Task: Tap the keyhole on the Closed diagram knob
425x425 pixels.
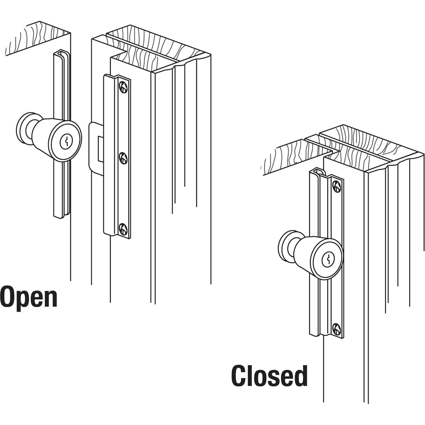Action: pos(327,259)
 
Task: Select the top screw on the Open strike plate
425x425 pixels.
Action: pos(123,87)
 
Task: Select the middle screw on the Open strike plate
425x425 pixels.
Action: pos(123,158)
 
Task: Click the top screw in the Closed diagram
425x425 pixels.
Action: pos(336,186)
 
